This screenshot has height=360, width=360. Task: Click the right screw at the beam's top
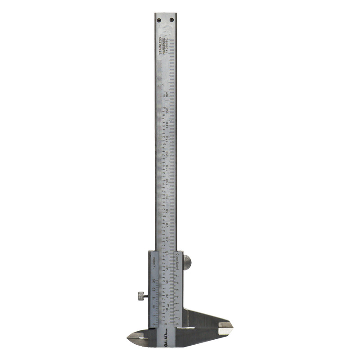pos(172,20)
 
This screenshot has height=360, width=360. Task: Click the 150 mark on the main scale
pos(167,109)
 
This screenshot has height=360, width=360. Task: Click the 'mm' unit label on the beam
pos(166,94)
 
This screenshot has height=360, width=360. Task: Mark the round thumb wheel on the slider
pos(187,262)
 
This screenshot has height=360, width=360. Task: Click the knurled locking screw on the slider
pos(141,296)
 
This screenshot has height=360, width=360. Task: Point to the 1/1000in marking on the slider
pos(154,262)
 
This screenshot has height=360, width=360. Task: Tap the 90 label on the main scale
pos(167,196)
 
